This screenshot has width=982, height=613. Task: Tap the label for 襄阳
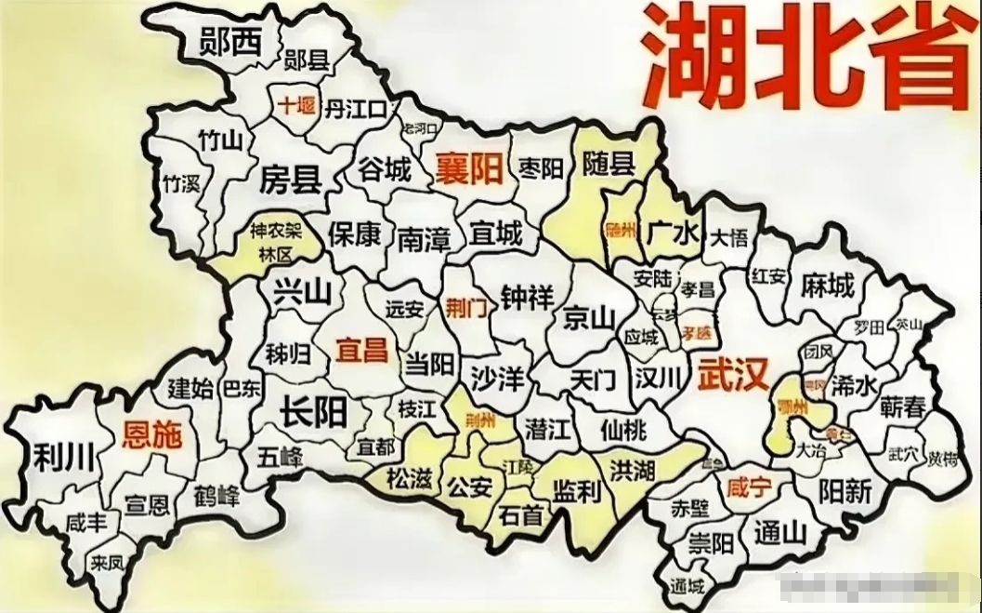[x=469, y=168]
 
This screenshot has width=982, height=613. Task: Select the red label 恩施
[x=152, y=434]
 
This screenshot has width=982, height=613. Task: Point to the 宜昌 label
[x=361, y=350]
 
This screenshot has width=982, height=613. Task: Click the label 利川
[x=62, y=457]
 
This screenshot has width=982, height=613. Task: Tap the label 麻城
[x=827, y=286]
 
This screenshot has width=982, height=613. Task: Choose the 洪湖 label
[x=633, y=469]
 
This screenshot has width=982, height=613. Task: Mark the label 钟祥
[x=527, y=298]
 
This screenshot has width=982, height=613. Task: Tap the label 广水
[x=673, y=232]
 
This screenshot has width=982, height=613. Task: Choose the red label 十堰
[x=294, y=106]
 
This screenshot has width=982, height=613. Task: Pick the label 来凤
[x=108, y=563]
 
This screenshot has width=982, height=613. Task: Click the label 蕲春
[x=903, y=406]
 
